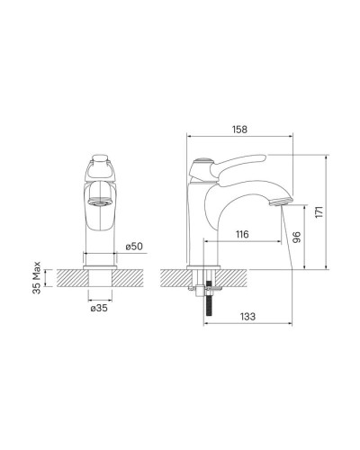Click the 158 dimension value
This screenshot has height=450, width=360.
coord(239,130)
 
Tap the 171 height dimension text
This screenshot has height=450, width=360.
coord(319,211)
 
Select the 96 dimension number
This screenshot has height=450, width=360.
coord(296,238)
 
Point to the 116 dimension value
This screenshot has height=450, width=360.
coord(242,234)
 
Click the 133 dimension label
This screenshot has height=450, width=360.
coord(247,316)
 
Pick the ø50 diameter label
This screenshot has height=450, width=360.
coord(134,247)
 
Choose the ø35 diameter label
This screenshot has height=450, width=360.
coord(99,308)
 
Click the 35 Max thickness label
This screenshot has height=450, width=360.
coord(37,278)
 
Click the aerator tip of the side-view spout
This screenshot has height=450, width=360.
coord(281,202)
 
